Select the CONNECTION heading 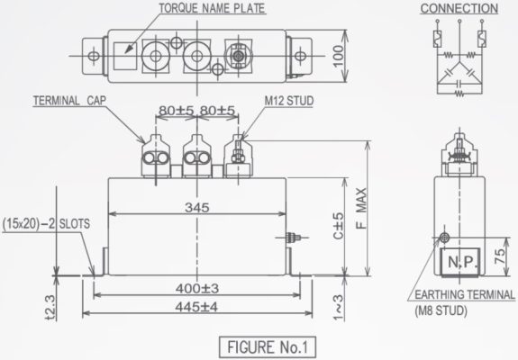459,8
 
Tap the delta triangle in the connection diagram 459,75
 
